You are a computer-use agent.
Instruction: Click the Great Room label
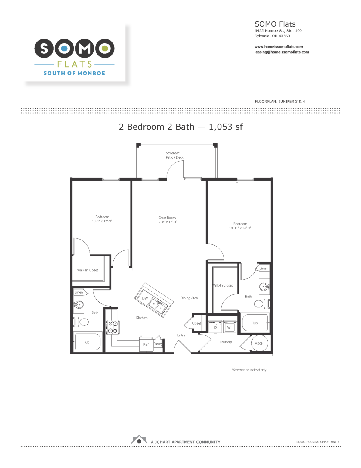[x=167, y=218]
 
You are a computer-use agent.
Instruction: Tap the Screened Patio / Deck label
[x=174, y=155]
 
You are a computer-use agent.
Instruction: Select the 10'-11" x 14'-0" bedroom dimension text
[x=240, y=228]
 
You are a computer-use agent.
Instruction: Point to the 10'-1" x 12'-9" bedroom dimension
[x=102, y=221]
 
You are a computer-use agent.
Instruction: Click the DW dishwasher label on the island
[x=145, y=298]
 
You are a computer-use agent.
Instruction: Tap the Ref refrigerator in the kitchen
[x=146, y=344]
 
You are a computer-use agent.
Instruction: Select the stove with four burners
[x=113, y=327]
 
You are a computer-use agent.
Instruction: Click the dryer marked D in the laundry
[x=215, y=327]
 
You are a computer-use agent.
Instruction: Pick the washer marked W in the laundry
[x=229, y=327]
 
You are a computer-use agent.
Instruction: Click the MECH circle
[x=259, y=343]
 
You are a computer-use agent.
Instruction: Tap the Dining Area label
[x=189, y=298]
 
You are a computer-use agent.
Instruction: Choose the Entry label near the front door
[x=181, y=335]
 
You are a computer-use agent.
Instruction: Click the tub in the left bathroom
[x=87, y=342]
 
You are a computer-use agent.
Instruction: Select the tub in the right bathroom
[x=255, y=323]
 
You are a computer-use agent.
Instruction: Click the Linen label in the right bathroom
[x=263, y=268]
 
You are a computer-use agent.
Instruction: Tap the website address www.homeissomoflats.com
[x=279, y=47]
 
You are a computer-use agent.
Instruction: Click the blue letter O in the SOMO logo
[x=64, y=48]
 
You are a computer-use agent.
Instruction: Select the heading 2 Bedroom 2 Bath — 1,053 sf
[x=180, y=127]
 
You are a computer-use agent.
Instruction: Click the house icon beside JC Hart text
[x=139, y=440]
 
